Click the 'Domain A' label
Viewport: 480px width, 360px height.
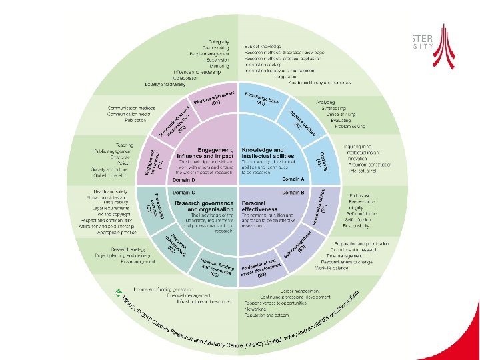(x=293, y=180)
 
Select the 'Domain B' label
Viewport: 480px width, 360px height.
(x=293, y=192)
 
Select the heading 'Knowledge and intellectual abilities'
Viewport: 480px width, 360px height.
(x=263, y=153)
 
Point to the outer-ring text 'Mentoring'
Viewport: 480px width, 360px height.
(x=219, y=65)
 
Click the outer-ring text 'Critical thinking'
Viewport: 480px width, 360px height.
(x=341, y=113)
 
